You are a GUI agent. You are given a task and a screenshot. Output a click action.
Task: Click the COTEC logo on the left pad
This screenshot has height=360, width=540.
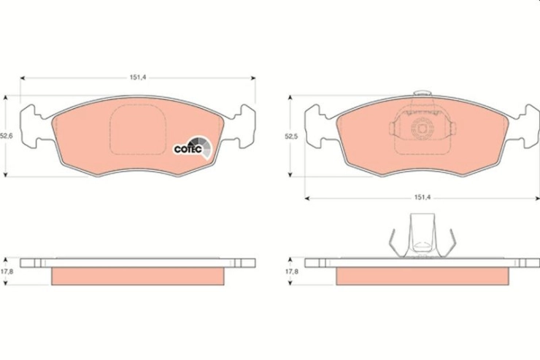[x=193, y=148]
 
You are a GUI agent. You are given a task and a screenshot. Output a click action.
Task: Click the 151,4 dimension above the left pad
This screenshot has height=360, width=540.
[x=138, y=77]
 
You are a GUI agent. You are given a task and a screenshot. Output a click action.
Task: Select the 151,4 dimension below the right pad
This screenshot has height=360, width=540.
[x=423, y=198]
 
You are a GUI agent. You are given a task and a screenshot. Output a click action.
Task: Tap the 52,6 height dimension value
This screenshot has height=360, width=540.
[x=6, y=136]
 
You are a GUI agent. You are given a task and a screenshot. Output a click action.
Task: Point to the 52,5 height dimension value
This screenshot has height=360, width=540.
[x=291, y=136]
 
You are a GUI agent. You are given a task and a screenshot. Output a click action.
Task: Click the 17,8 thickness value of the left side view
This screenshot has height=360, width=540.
[x=7, y=272]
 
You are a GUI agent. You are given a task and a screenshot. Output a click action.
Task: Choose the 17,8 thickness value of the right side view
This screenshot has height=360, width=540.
[x=292, y=272]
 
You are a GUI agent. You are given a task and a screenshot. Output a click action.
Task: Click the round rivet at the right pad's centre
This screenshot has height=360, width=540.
[x=423, y=129]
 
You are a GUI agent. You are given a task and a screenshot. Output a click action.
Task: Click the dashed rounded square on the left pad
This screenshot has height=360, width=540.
[x=138, y=129]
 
